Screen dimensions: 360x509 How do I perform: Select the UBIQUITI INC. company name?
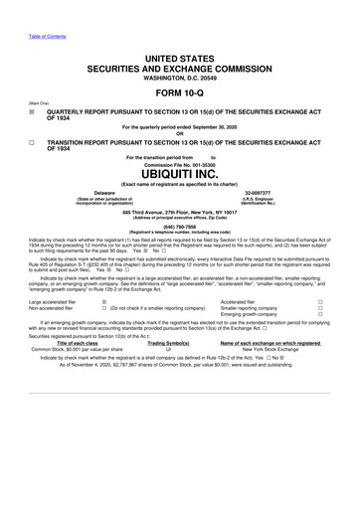(x=179, y=172)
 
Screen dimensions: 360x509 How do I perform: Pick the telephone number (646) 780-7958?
(x=179, y=225)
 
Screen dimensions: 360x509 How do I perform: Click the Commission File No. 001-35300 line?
(x=179, y=163)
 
